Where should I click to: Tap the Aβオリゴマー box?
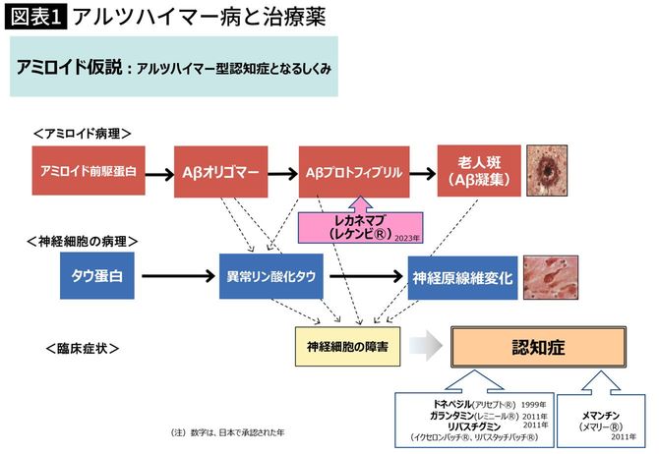pos(219,173)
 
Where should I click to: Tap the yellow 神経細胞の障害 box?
pos(347,346)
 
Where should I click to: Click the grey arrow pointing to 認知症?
pos(424,347)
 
